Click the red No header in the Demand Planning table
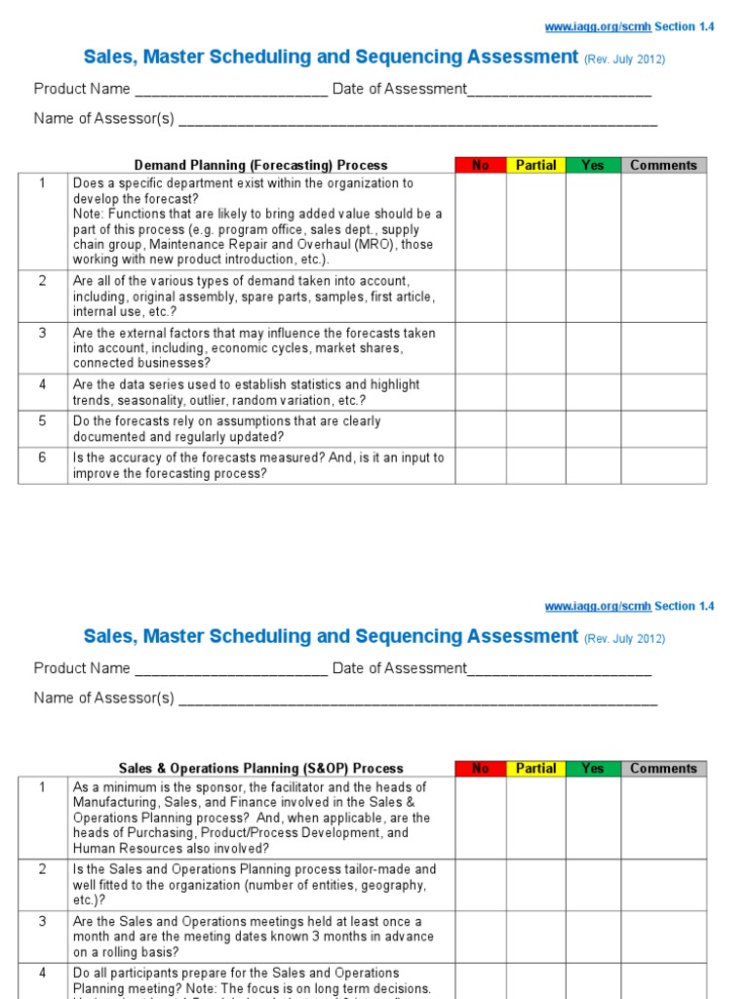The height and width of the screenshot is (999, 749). (481, 165)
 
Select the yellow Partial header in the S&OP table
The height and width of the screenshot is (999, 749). (535, 768)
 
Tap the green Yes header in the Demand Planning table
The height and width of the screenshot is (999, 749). (593, 165)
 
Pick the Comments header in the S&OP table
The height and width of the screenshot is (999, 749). (663, 768)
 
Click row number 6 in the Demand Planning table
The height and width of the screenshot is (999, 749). (42, 458)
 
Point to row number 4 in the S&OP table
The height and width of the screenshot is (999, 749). (42, 973)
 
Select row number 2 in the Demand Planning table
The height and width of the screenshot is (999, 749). (42, 281)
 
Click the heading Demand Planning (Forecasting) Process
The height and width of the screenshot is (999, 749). (260, 166)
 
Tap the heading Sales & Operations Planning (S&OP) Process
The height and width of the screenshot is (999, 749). (260, 769)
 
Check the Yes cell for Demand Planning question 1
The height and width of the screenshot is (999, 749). (593, 221)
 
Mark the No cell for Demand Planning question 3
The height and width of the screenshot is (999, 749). (481, 347)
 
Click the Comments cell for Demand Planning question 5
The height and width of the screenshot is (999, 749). (663, 429)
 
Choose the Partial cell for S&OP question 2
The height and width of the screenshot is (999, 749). (535, 885)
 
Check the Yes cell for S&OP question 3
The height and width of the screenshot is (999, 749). (593, 937)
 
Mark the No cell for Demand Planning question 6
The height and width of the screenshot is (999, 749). (481, 465)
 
